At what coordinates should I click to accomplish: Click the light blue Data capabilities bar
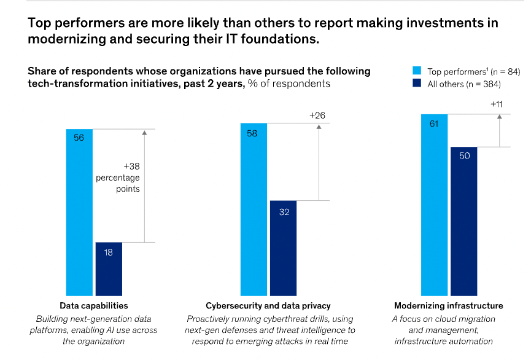coord(79,212)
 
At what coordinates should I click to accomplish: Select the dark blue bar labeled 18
coord(109,269)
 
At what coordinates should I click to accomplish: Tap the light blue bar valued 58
coord(254,209)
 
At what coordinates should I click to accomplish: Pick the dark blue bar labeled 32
coord(283,248)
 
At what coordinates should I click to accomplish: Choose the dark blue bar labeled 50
coord(463,221)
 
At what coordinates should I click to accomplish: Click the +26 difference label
coord(317,115)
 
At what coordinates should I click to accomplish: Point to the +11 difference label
coord(497,104)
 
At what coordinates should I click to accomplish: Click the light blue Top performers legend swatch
coord(417,71)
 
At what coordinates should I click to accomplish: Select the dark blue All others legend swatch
coord(417,84)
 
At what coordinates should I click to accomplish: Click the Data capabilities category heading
coord(93,306)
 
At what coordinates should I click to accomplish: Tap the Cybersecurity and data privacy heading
coord(268,306)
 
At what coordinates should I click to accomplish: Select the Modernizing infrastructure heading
coord(449,306)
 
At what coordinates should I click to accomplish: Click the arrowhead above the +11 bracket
coord(500,116)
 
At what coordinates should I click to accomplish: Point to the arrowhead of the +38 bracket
coord(144,131)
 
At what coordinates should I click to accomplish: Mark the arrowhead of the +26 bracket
coord(319,126)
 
